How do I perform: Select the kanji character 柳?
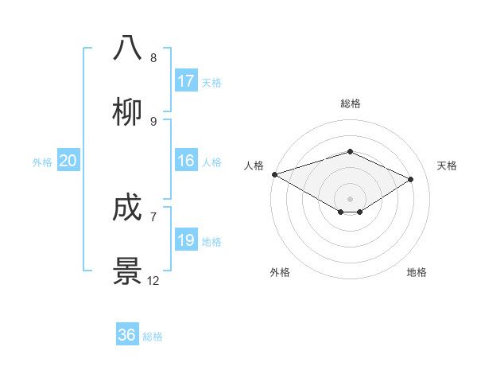click(127, 111)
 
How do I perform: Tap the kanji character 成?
click(127, 208)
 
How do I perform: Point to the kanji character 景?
click(127, 271)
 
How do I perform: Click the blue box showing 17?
click(186, 81)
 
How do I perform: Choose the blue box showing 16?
click(186, 161)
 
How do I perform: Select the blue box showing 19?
click(186, 240)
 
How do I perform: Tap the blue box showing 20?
click(68, 161)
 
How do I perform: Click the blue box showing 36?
click(127, 335)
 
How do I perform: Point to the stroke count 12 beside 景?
click(153, 281)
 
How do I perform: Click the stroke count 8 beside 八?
click(153, 58)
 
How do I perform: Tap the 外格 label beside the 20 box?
click(42, 162)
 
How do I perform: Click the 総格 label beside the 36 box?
click(153, 337)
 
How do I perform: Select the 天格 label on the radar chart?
click(447, 166)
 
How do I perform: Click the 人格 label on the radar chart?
click(254, 166)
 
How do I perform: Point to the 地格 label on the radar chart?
click(417, 272)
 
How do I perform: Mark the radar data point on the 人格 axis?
click(274, 174)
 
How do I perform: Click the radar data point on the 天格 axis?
click(411, 179)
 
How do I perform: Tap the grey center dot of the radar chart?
click(350, 198)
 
